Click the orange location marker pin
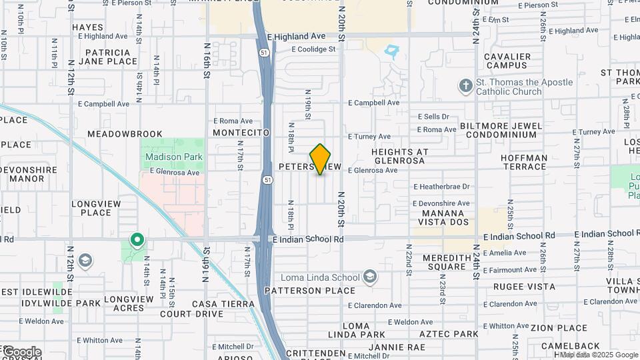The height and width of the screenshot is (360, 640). point(321,159)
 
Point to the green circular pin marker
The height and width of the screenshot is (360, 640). point(137,239)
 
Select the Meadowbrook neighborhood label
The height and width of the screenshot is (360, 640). point(125,134)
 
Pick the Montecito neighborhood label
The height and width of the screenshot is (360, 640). point(241,133)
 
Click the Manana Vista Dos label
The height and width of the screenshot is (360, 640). point(445,217)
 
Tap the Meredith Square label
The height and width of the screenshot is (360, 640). point(437,262)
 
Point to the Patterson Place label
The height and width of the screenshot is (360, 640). point(310,291)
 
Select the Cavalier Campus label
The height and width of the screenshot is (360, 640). point(508,61)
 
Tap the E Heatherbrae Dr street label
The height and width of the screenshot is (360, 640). point(441,187)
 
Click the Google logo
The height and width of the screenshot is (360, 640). point(21,352)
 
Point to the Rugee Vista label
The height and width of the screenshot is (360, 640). point(524,287)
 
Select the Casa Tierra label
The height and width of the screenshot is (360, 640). point(223,304)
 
